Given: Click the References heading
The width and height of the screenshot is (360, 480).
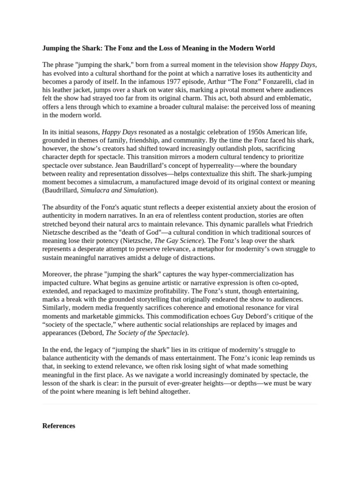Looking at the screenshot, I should tap(59, 426).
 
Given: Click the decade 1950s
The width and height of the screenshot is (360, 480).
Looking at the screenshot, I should tap(243, 132).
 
